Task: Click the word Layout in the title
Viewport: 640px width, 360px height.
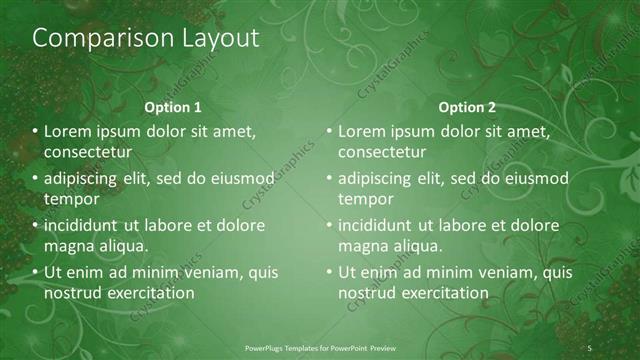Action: [210, 38]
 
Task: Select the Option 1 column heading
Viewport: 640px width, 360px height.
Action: [173, 106]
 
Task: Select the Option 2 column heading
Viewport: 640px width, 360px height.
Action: [466, 106]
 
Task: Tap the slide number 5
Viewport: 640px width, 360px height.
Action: [590, 347]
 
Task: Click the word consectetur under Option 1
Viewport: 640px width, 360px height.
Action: [89, 152]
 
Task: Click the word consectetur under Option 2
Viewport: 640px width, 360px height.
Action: [382, 152]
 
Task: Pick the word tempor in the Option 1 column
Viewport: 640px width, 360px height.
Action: [70, 199]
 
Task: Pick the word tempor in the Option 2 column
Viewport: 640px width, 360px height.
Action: [363, 199]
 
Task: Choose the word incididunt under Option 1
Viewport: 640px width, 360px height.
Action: [85, 225]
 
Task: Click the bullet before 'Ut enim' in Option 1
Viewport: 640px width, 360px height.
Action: [36, 272]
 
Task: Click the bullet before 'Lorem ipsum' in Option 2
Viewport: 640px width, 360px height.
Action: [329, 131]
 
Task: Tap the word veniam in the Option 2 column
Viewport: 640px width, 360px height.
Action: [500, 272]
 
